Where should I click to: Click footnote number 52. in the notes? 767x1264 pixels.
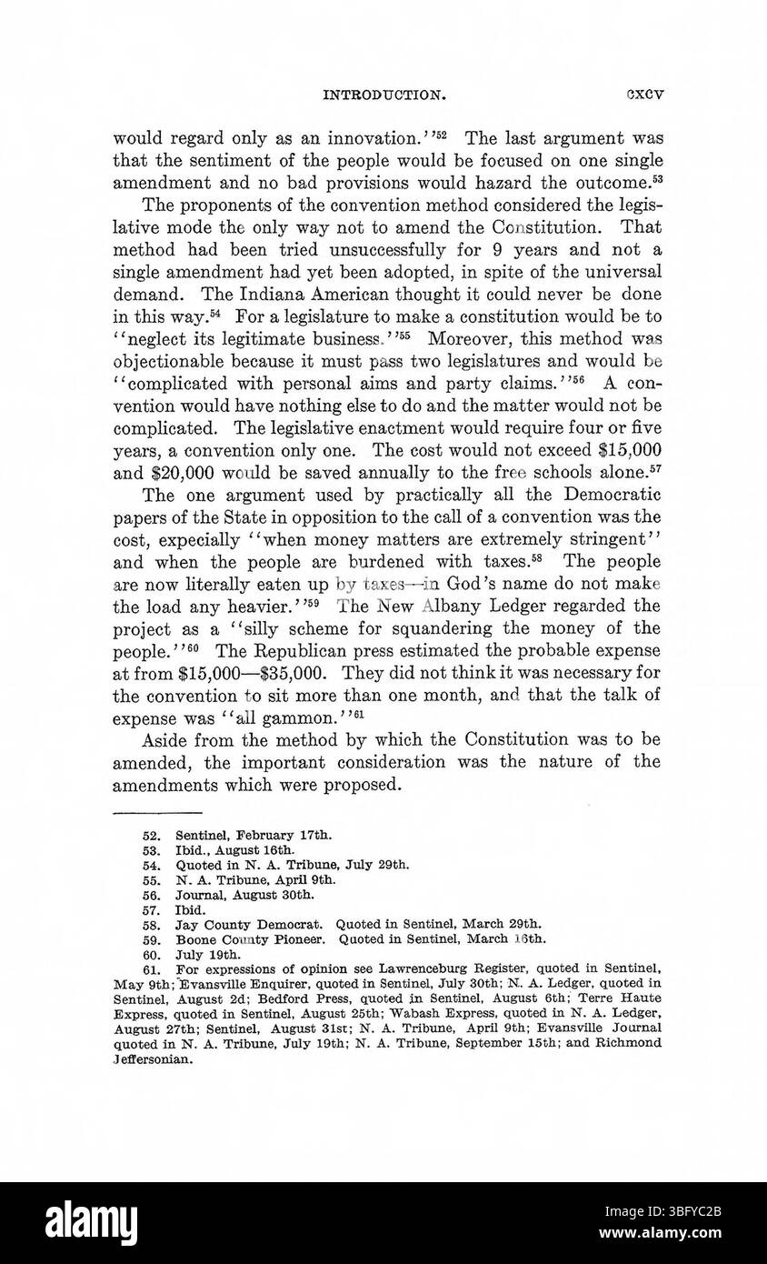click(x=152, y=835)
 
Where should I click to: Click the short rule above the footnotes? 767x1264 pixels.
click(x=157, y=812)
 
